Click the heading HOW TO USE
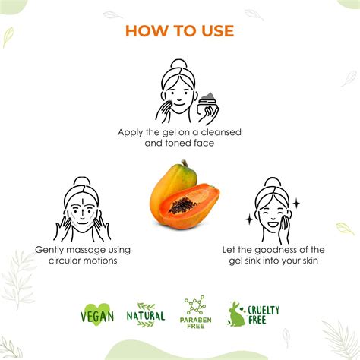click(x=179, y=31)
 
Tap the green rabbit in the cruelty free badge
click(x=237, y=314)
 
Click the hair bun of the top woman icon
click(x=177, y=64)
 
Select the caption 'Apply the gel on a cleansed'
click(x=179, y=131)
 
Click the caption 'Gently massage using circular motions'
click(x=83, y=254)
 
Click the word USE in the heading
click(x=214, y=31)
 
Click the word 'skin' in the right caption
click(x=299, y=261)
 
